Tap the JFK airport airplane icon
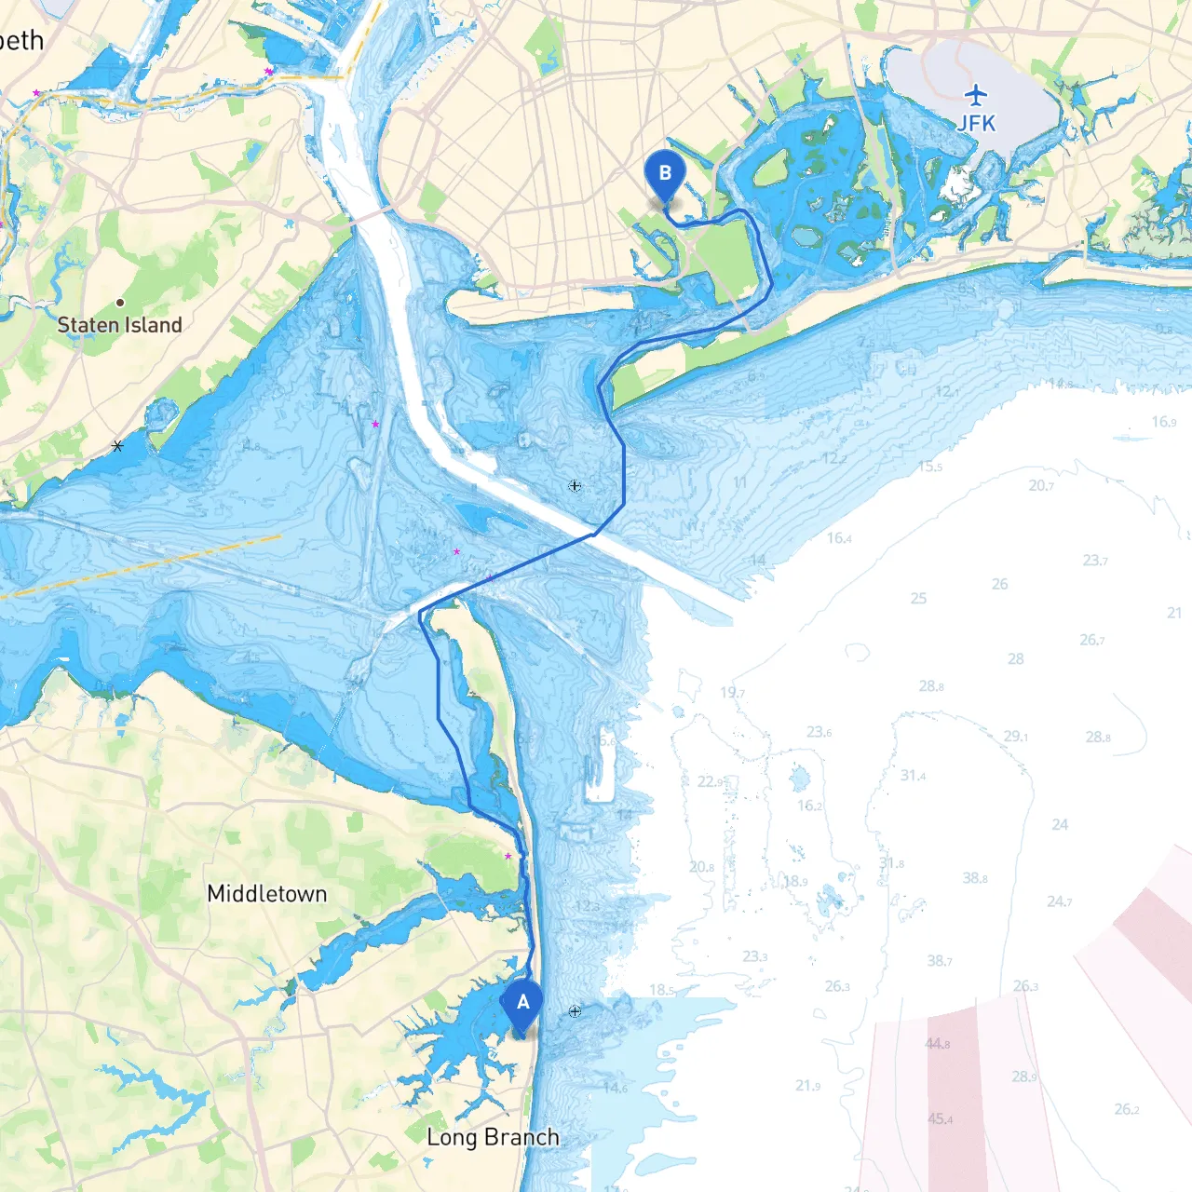tap(976, 94)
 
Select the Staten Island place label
tap(119, 325)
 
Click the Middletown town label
tap(267, 894)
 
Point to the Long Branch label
tap(493, 1137)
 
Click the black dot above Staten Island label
tap(120, 303)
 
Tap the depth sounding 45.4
tap(939, 1119)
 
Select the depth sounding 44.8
tap(938, 1044)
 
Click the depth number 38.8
tap(975, 878)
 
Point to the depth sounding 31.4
tap(913, 776)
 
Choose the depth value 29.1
tap(1016, 737)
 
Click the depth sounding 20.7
tap(1041, 486)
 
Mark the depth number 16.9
tap(1163, 422)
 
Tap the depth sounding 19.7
tap(732, 693)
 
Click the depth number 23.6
tap(819, 732)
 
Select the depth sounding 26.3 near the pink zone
tap(1025, 986)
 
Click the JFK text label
tap(977, 123)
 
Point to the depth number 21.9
tap(808, 1086)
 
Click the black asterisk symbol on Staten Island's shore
tap(117, 446)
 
